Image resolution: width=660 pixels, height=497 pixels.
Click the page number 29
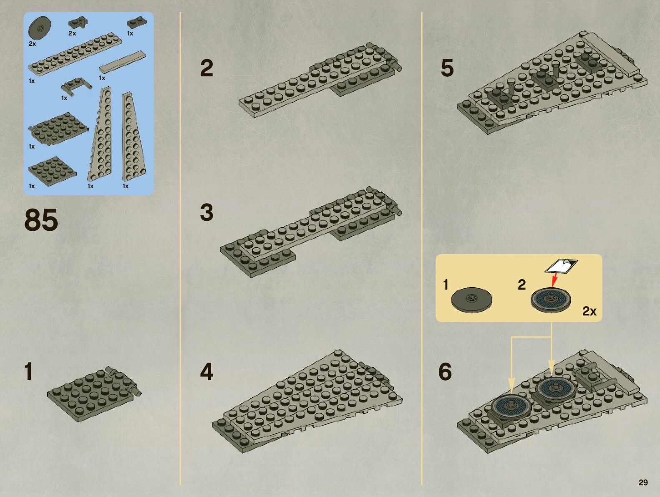(643, 482)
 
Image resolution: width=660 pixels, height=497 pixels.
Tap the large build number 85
(41, 220)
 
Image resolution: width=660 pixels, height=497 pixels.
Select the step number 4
(207, 372)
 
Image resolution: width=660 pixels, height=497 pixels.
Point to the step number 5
(447, 68)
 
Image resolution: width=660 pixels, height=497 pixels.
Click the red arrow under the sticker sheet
(554, 280)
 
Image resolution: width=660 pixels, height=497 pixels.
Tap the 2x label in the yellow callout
(589, 311)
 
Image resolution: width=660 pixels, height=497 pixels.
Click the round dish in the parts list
(40, 28)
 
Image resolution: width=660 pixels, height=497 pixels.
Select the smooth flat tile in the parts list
(122, 62)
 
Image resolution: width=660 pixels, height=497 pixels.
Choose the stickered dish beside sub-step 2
(551, 300)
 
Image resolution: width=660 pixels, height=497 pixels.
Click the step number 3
(207, 212)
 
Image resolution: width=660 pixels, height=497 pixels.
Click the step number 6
(445, 372)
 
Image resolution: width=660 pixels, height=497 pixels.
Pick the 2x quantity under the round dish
(32, 44)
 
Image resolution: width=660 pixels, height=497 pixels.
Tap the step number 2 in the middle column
(207, 68)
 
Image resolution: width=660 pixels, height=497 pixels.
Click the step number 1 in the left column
(28, 372)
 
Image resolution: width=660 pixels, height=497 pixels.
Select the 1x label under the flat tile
(102, 78)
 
